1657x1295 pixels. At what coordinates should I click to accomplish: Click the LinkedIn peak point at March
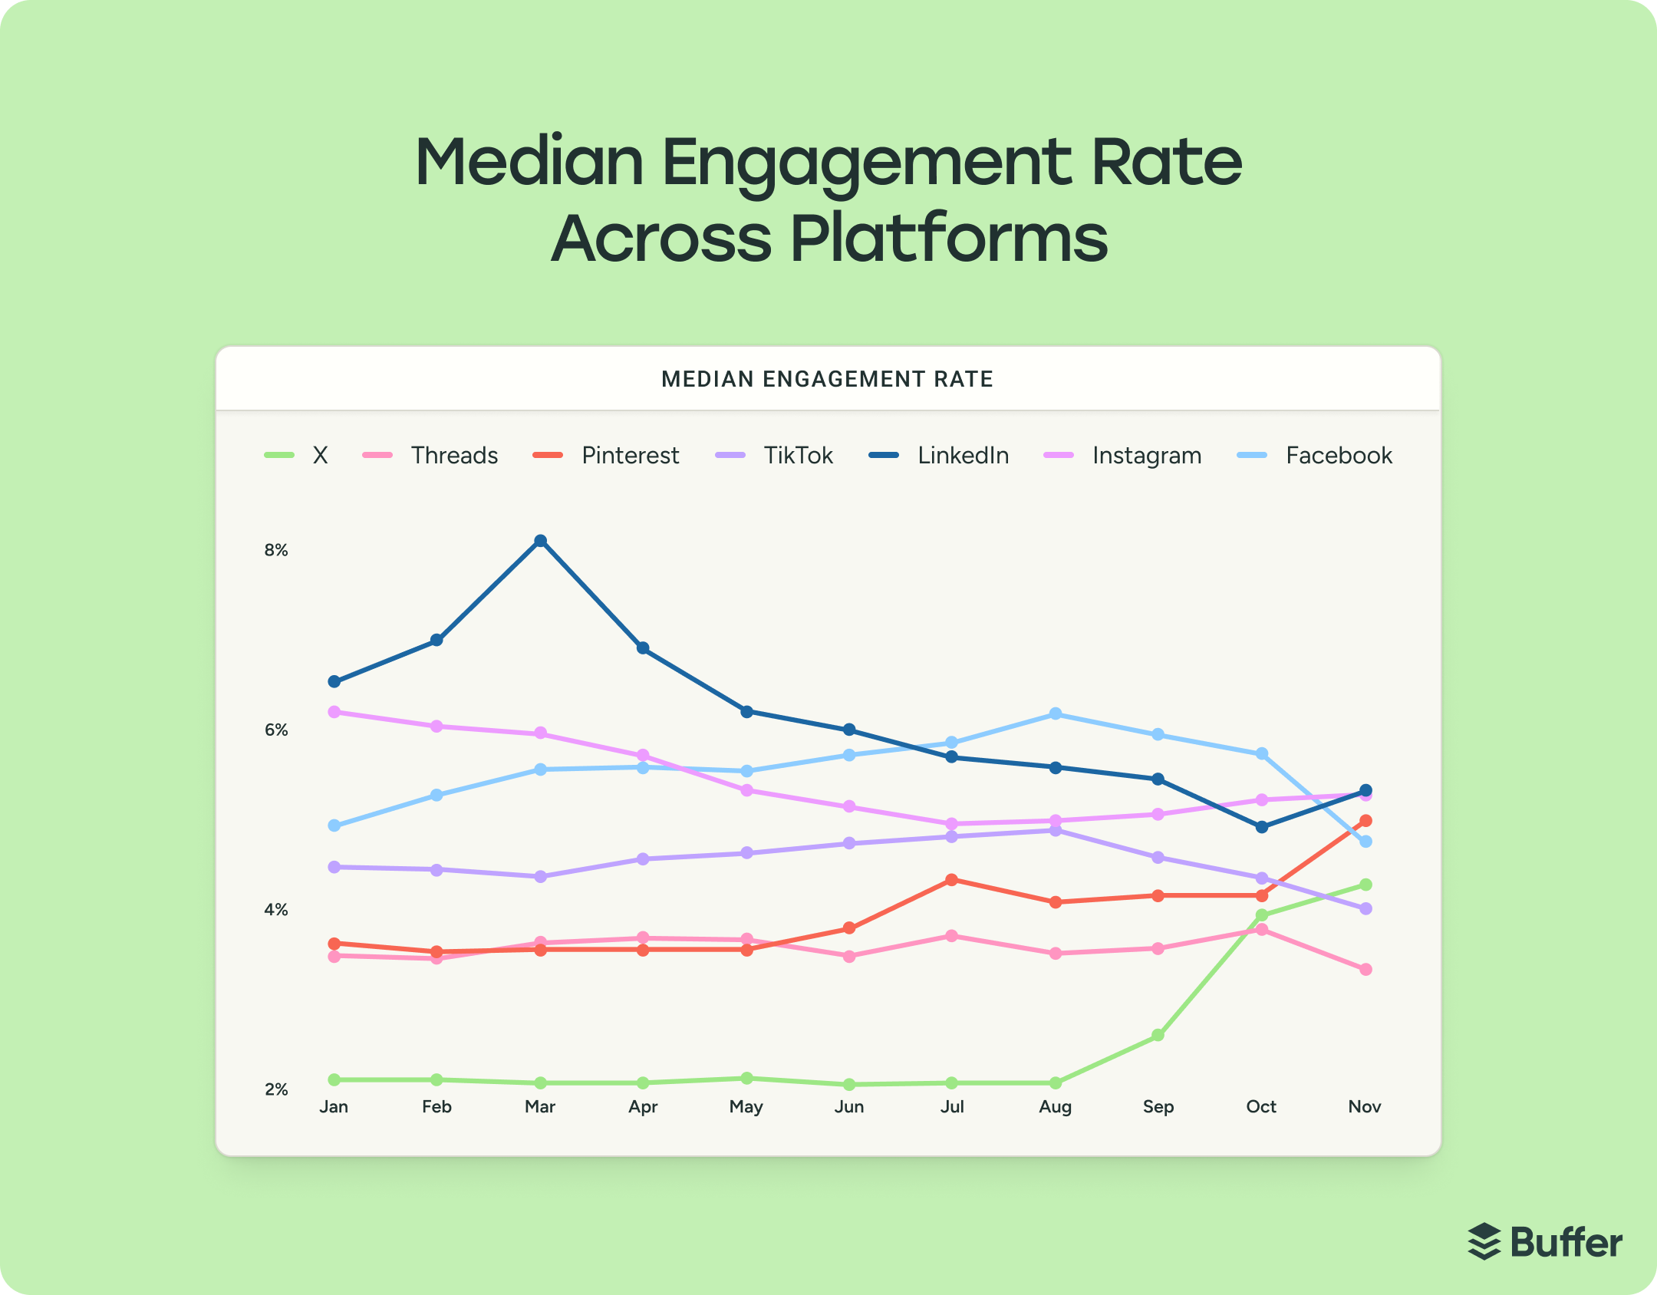(540, 541)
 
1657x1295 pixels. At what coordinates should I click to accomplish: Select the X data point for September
(1158, 1036)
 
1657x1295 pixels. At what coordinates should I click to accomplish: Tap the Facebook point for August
(1056, 714)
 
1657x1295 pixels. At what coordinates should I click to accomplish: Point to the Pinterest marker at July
(952, 880)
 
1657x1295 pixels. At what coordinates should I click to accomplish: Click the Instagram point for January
(334, 712)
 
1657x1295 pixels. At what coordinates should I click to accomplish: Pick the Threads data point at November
(1365, 970)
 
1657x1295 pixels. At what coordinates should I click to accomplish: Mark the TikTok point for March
(540, 876)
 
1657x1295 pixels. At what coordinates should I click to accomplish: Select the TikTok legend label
(797, 456)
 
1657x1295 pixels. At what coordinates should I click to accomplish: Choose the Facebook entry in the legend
(1338, 456)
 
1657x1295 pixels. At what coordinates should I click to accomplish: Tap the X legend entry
(319, 456)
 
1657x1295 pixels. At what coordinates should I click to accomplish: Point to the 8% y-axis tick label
(276, 550)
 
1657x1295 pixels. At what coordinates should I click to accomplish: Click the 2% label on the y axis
(276, 1089)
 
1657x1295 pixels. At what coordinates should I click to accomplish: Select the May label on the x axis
(746, 1107)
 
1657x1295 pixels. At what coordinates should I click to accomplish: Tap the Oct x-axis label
(1261, 1107)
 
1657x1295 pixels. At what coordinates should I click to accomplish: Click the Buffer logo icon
(1484, 1241)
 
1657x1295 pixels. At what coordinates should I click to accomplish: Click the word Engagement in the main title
(866, 163)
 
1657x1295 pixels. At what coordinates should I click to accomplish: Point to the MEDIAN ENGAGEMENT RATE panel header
(827, 379)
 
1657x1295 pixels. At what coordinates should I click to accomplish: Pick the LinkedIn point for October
(1262, 827)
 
